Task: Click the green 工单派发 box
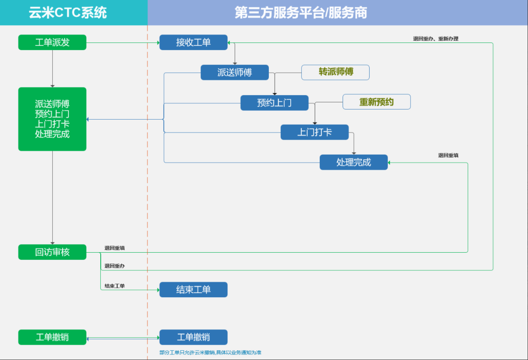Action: [x=52, y=43]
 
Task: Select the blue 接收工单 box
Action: [x=193, y=43]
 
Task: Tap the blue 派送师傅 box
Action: [x=235, y=72]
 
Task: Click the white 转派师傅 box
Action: [x=335, y=72]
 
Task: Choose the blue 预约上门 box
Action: [x=274, y=103]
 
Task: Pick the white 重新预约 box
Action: [x=377, y=102]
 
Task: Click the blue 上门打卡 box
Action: [x=314, y=132]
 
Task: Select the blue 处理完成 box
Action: [x=354, y=162]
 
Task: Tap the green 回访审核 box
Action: [x=52, y=252]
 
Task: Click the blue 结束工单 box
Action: [x=193, y=290]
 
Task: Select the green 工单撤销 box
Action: [x=52, y=337]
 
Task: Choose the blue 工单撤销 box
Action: [x=193, y=337]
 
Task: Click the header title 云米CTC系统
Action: [x=68, y=13]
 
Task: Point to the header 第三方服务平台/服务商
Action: [x=301, y=13]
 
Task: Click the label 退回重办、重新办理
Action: [x=436, y=39]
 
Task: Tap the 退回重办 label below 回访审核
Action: [x=115, y=266]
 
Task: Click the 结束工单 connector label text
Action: [x=115, y=286]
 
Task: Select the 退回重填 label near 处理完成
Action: [x=448, y=155]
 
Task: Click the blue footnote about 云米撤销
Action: [x=210, y=352]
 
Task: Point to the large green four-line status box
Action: [x=52, y=119]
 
